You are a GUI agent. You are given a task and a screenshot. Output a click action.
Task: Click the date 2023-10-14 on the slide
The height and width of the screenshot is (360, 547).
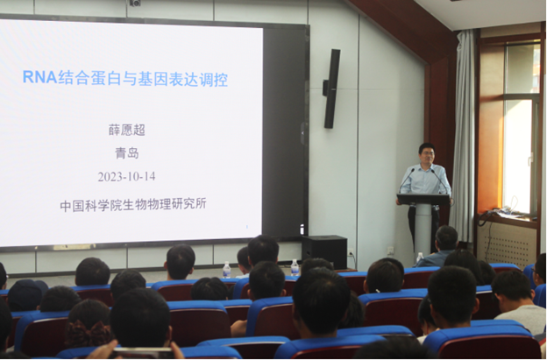(x=126, y=177)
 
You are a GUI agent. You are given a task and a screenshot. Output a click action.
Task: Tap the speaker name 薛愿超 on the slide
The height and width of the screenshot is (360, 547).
(x=126, y=130)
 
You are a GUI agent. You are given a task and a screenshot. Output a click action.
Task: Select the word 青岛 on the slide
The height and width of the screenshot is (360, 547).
(x=127, y=153)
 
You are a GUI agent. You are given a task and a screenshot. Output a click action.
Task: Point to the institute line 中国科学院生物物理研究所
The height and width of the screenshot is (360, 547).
(x=133, y=205)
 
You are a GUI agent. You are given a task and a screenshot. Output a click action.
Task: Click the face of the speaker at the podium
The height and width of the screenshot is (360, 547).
(x=427, y=153)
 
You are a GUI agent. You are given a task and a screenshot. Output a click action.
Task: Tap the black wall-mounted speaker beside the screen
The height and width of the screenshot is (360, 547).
(x=331, y=88)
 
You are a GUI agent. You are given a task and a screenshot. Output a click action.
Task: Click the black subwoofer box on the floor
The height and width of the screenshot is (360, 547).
(x=324, y=252)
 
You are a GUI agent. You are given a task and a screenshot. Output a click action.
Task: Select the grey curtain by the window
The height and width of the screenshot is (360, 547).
(x=462, y=135)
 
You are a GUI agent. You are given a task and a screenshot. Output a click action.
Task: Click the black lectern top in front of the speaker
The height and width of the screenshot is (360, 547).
(x=423, y=200)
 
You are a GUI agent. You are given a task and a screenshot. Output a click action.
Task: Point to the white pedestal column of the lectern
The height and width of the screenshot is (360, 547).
(x=423, y=230)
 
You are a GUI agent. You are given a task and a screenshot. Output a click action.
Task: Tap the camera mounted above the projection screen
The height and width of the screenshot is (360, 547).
(x=135, y=4)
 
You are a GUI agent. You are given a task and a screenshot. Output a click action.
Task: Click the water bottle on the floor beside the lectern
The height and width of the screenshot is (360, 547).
(x=419, y=258)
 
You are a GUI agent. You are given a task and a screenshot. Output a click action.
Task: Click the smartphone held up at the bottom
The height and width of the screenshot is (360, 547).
(x=142, y=353)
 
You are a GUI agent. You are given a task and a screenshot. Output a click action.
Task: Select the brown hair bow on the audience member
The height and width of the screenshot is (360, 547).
(x=88, y=335)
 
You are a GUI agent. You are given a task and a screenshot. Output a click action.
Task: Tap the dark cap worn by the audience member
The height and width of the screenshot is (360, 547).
(x=27, y=295)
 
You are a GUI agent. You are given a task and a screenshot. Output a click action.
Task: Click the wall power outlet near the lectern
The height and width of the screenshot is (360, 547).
(x=390, y=251)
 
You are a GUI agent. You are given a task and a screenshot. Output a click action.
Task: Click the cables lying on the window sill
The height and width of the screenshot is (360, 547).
(x=502, y=213)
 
